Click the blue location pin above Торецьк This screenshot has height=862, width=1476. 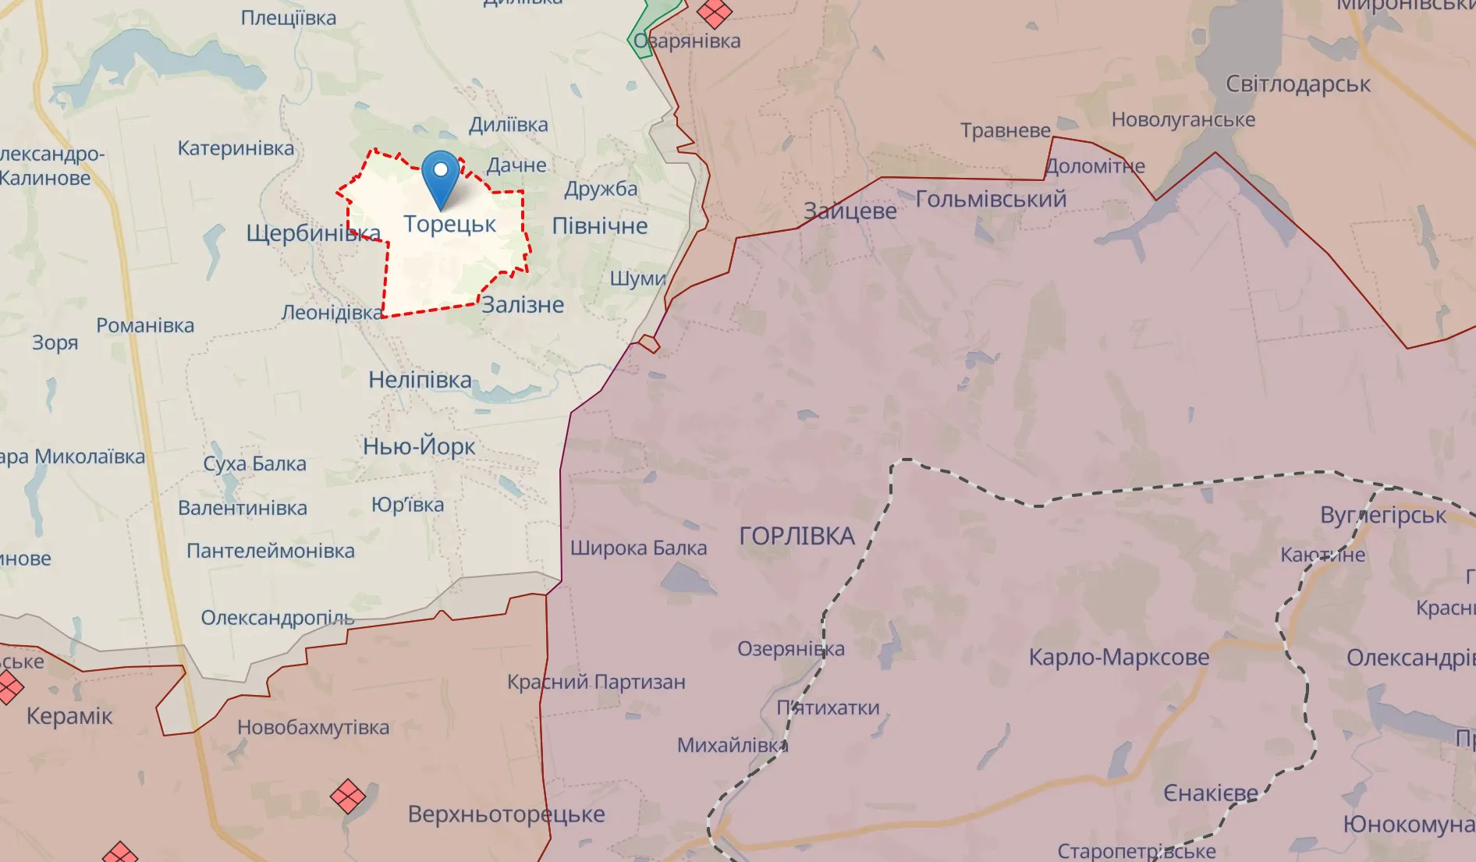click(x=441, y=176)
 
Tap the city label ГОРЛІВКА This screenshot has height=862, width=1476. click(x=797, y=536)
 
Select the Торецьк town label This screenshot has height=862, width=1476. click(x=449, y=224)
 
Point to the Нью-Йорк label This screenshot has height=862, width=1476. click(x=419, y=446)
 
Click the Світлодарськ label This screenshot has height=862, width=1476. click(x=1297, y=84)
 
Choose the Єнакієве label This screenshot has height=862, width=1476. click(x=1211, y=793)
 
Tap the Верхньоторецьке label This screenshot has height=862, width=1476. click(x=506, y=814)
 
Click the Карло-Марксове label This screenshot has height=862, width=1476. click(x=1119, y=657)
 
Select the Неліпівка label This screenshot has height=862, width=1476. click(x=420, y=380)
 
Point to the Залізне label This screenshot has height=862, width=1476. click(x=522, y=305)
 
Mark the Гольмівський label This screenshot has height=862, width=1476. click(x=991, y=199)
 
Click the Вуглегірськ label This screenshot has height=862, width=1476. click(x=1382, y=515)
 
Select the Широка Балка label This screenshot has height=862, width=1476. click(x=638, y=548)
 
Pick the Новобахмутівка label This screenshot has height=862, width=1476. click(x=313, y=727)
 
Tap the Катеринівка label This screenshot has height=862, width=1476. click(x=236, y=148)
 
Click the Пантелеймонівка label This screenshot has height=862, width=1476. click(x=270, y=551)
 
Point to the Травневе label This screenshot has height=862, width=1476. click(x=1005, y=130)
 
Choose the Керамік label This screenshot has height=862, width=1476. click(x=69, y=716)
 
